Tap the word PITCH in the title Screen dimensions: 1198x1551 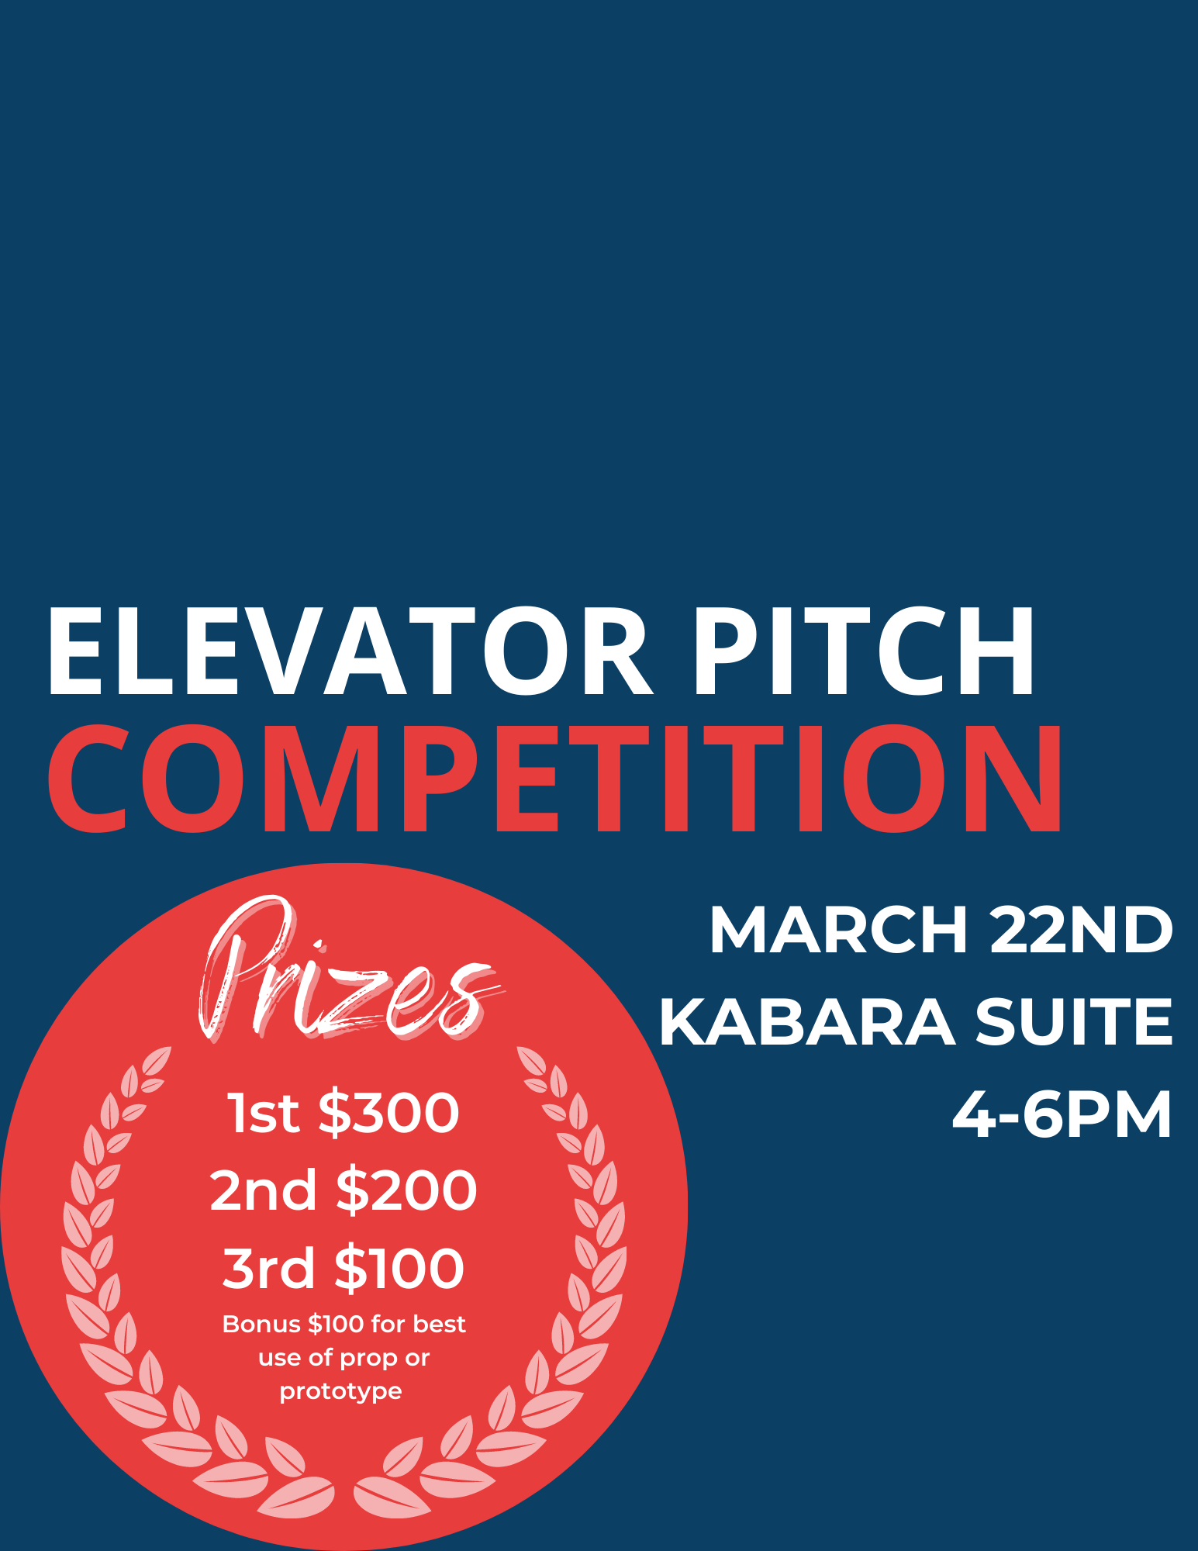click(864, 652)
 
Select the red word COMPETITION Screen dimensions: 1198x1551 click(555, 778)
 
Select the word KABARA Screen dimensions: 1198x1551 click(807, 1022)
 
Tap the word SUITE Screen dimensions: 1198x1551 click(1074, 1022)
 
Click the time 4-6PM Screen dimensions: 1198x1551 click(1062, 1115)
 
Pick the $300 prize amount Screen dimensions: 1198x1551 click(389, 1113)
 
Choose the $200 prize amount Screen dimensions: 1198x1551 click(407, 1190)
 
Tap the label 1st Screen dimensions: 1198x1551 click(263, 1114)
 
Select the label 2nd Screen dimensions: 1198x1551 click(263, 1191)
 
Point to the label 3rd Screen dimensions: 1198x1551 click(268, 1269)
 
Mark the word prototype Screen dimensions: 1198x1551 click(341, 1392)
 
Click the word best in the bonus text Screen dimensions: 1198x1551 click(440, 1324)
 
